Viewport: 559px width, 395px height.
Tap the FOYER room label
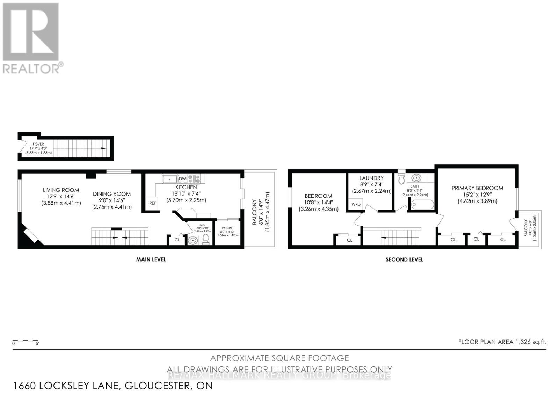coord(38,144)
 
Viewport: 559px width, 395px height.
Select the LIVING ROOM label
coord(61,190)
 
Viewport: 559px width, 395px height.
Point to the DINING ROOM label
coord(112,194)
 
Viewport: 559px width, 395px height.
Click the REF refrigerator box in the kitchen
coord(153,203)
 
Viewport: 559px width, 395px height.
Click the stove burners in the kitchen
coord(194,179)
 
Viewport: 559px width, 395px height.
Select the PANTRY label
coord(227,228)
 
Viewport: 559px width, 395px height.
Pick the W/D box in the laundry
coord(356,204)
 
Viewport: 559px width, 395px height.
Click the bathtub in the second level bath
coord(423,205)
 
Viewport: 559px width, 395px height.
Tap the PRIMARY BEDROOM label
coord(477,188)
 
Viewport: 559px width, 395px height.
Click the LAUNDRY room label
coord(371,178)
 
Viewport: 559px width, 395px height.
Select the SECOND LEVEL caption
coord(404,259)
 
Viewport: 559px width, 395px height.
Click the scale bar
coord(25,341)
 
